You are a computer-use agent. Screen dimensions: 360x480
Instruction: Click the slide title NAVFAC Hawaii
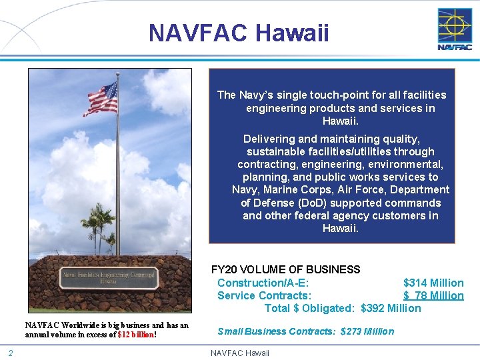pyautogui.click(x=239, y=33)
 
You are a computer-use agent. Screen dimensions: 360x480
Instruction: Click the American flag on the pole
pyautogui.click(x=101, y=99)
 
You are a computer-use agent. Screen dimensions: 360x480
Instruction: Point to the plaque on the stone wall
pyautogui.click(x=109, y=277)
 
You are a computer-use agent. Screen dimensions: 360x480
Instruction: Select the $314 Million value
pyautogui.click(x=433, y=283)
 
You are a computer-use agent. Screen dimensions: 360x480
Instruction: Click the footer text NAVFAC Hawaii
pyautogui.click(x=240, y=353)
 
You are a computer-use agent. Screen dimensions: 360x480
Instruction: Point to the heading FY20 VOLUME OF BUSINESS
pyautogui.click(x=285, y=270)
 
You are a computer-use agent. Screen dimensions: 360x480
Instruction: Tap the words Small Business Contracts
pyautogui.click(x=276, y=331)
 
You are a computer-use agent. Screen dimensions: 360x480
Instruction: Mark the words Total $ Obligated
pyautogui.click(x=309, y=308)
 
